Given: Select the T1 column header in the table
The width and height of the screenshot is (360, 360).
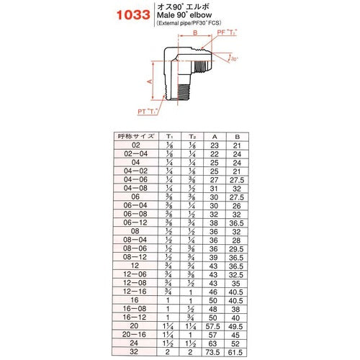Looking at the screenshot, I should pos(170,136).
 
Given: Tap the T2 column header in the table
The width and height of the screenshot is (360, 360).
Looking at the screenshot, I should pos(192,136).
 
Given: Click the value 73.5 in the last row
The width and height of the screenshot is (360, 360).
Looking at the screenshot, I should pos(215,352).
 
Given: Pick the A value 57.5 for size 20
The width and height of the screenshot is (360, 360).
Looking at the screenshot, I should pos(215,326).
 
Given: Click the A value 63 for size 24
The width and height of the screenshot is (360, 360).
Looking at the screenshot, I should pos(215,343).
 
